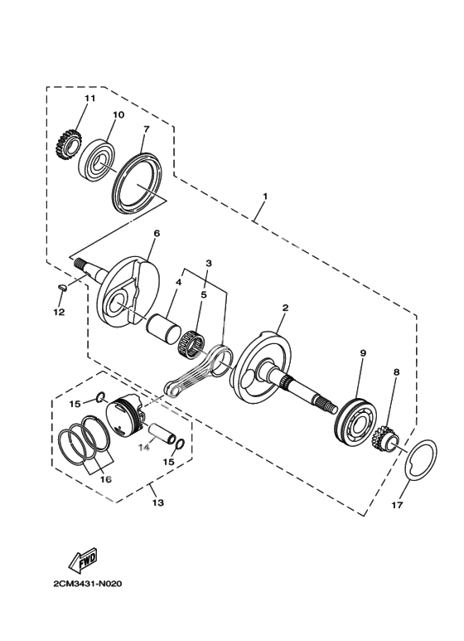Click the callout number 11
point(89,98)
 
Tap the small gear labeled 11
point(65,145)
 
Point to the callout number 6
point(157,233)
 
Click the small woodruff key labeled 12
point(62,287)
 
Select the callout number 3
point(209,263)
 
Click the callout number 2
point(285,308)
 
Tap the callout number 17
point(398,505)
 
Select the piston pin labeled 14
point(162,434)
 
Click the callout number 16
point(106,479)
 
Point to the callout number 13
point(158,503)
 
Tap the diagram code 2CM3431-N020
point(87,584)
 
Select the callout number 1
point(265,197)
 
